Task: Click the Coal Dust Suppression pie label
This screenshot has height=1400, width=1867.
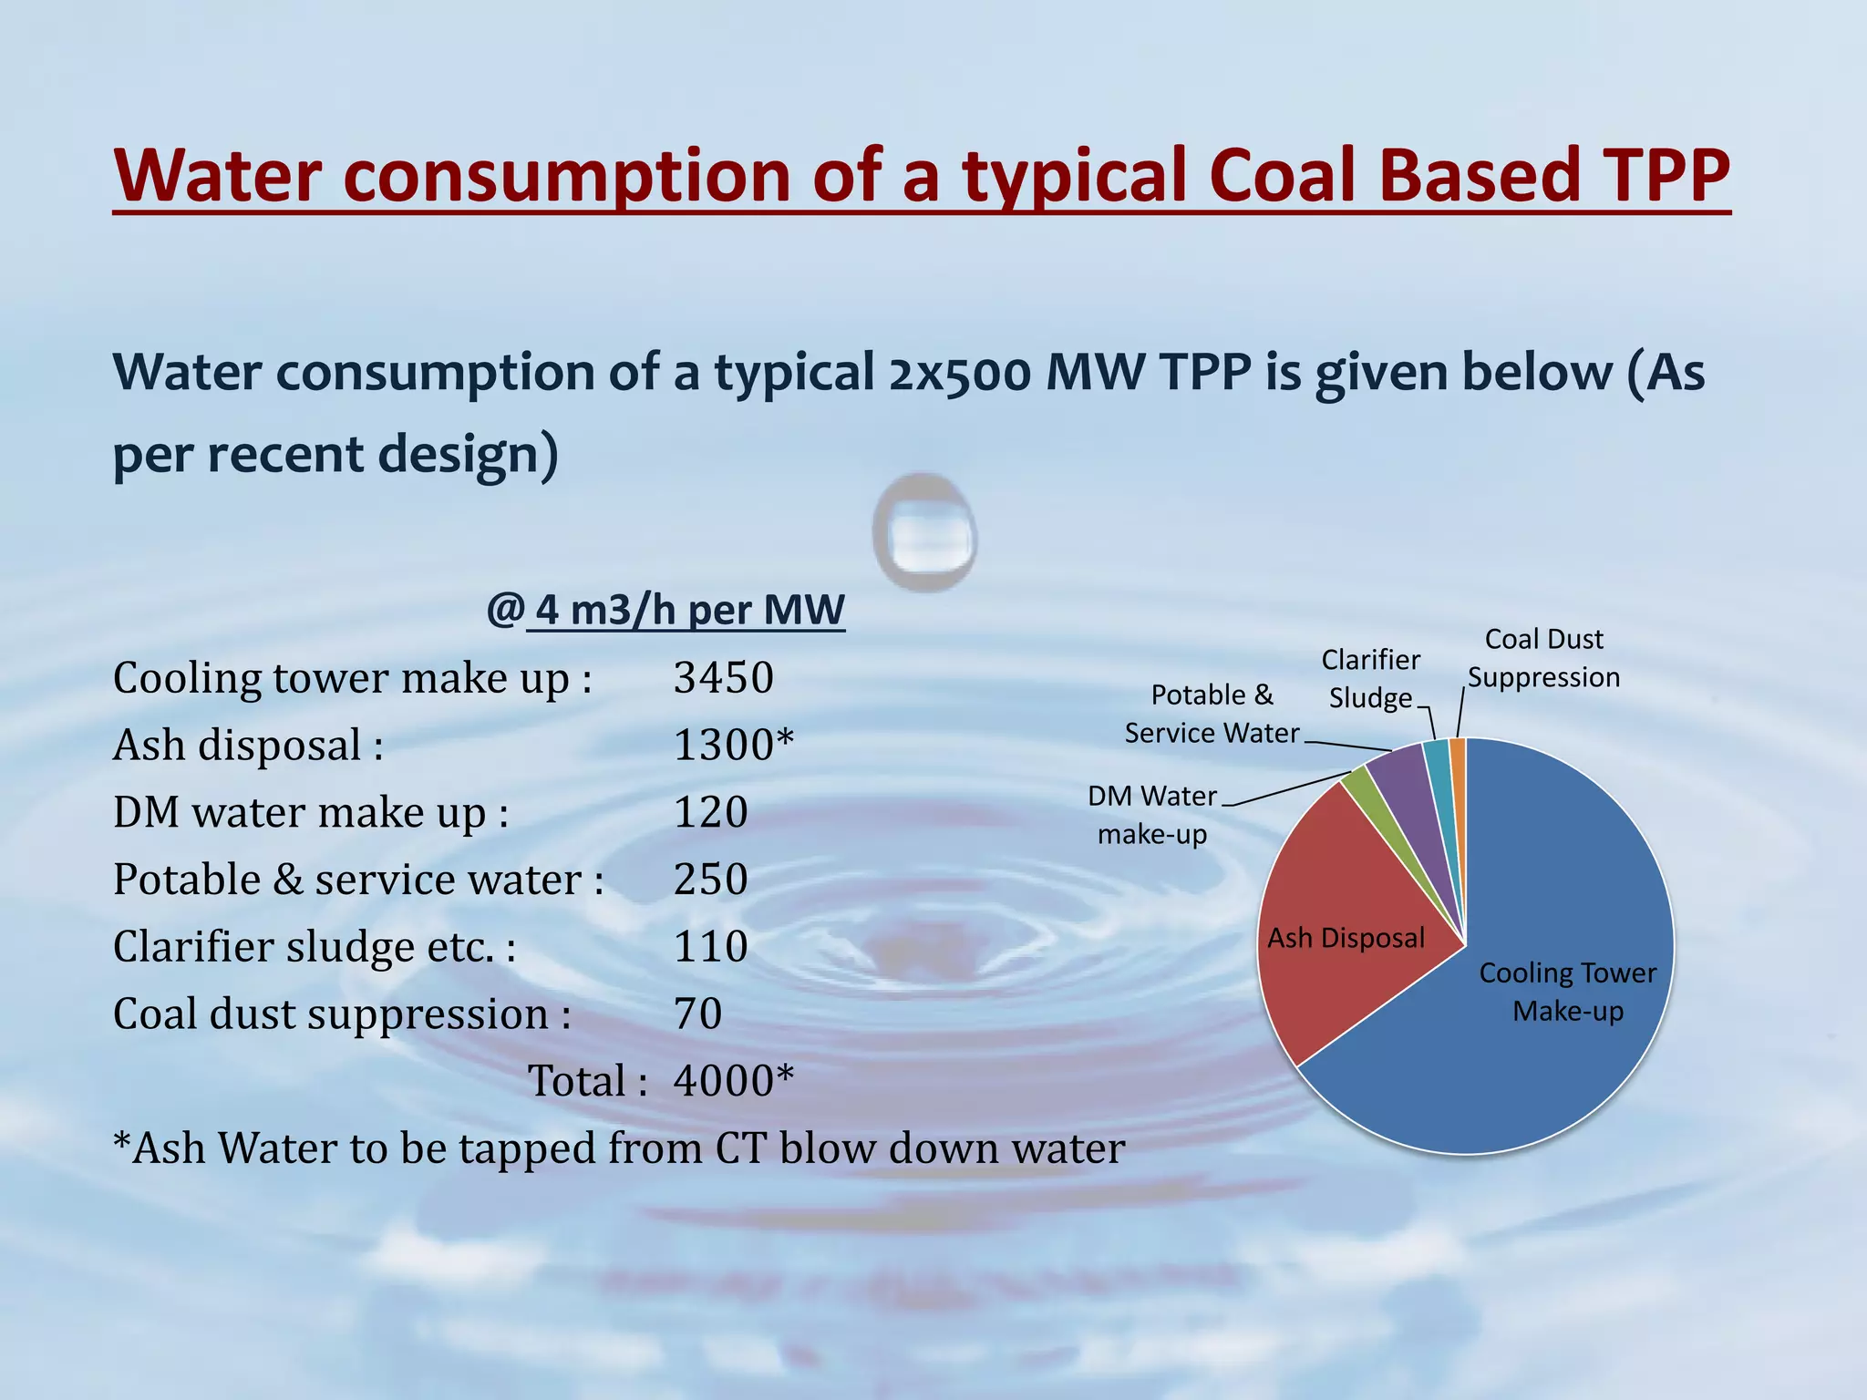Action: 1543,658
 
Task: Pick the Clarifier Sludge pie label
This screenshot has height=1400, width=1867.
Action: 1370,678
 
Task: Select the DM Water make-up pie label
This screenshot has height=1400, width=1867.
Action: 1151,815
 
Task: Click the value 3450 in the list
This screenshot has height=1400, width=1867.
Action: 723,678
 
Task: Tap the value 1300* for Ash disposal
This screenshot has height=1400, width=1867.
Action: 733,746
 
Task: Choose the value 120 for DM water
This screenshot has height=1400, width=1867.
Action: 710,812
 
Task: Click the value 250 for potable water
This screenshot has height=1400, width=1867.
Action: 710,880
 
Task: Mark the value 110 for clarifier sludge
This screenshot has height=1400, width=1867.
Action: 710,947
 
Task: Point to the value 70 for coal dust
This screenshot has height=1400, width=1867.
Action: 697,1014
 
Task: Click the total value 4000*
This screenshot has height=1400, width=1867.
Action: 733,1081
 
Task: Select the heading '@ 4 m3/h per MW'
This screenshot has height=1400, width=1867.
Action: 665,610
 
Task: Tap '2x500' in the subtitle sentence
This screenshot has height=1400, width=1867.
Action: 959,373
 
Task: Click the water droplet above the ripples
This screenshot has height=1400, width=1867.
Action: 924,532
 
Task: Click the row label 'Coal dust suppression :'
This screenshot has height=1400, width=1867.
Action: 342,1014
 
